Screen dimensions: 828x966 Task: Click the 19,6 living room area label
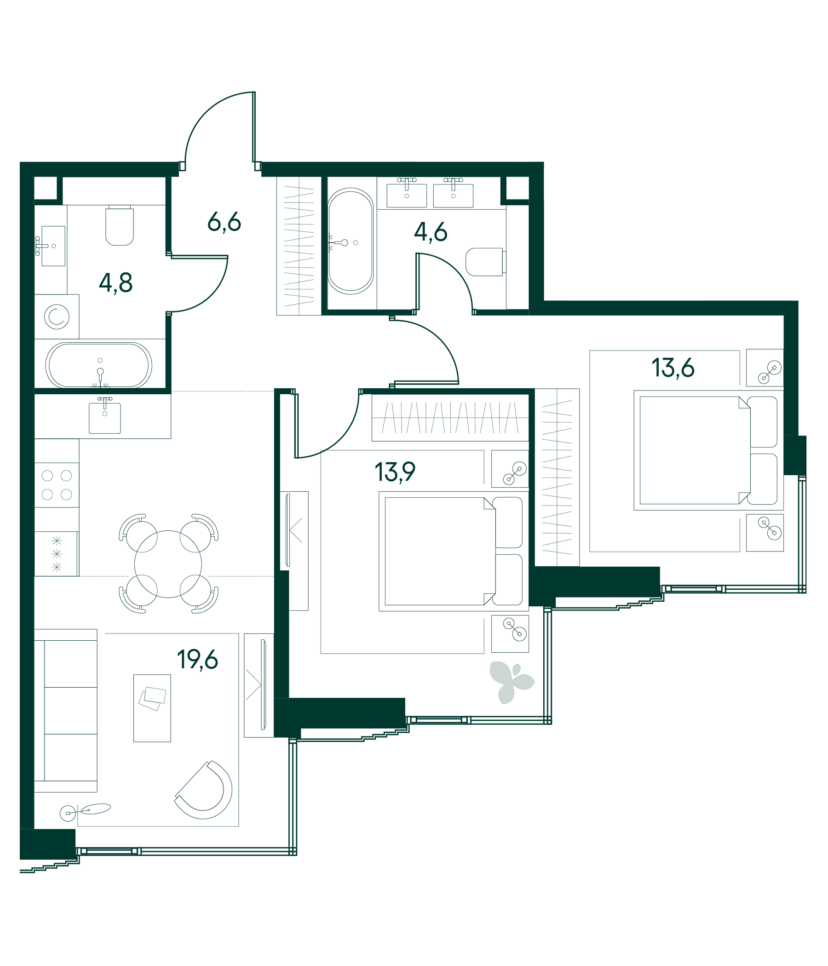click(x=197, y=660)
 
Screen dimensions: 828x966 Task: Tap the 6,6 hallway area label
click(x=224, y=222)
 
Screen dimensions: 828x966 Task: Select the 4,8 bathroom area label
click(x=115, y=282)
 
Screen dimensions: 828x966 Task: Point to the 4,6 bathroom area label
click(x=430, y=232)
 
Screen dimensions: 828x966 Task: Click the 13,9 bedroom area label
click(x=395, y=472)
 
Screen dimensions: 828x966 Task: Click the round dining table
click(x=168, y=564)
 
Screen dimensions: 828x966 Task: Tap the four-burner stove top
click(x=57, y=485)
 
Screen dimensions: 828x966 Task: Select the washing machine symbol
click(x=57, y=316)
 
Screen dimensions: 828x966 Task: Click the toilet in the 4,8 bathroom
click(x=120, y=225)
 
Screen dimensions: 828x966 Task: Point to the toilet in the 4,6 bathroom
click(x=486, y=262)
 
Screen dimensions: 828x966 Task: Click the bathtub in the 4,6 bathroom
click(x=351, y=241)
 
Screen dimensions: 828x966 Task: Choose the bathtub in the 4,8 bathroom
click(x=99, y=365)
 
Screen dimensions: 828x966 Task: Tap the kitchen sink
click(x=105, y=416)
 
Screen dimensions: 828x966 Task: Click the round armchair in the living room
click(x=204, y=789)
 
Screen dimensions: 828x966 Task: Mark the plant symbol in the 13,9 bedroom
click(x=511, y=682)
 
